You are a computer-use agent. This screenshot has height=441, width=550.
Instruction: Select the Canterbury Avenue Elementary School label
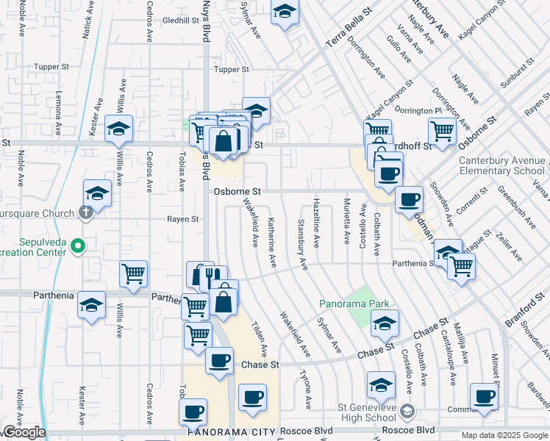pyautogui.click(x=502, y=166)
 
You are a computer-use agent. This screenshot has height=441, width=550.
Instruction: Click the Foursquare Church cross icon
pyautogui.click(x=86, y=214)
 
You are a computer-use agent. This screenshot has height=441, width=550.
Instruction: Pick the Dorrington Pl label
pyautogui.click(x=417, y=111)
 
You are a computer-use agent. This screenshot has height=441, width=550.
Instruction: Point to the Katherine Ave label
pyautogui.click(x=272, y=242)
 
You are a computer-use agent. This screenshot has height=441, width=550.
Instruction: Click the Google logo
pyautogui.click(x=24, y=433)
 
